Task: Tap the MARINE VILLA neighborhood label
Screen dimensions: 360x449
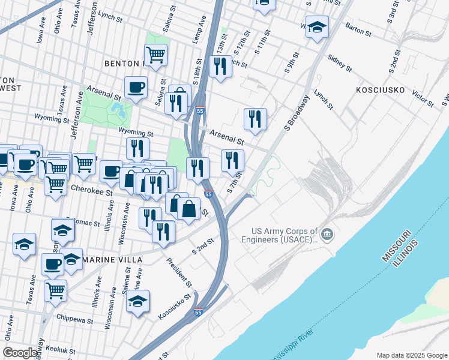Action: [113, 260]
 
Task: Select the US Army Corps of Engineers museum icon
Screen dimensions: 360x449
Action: [327, 233]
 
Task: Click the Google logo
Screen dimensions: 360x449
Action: [20, 353]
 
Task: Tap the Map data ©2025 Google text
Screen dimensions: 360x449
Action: [412, 355]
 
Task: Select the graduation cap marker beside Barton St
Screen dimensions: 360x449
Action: [317, 27]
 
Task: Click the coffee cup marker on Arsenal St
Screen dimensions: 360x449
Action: [136, 88]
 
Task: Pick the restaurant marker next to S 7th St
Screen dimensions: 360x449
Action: [232, 160]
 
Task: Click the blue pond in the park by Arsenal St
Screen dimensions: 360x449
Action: [118, 109]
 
